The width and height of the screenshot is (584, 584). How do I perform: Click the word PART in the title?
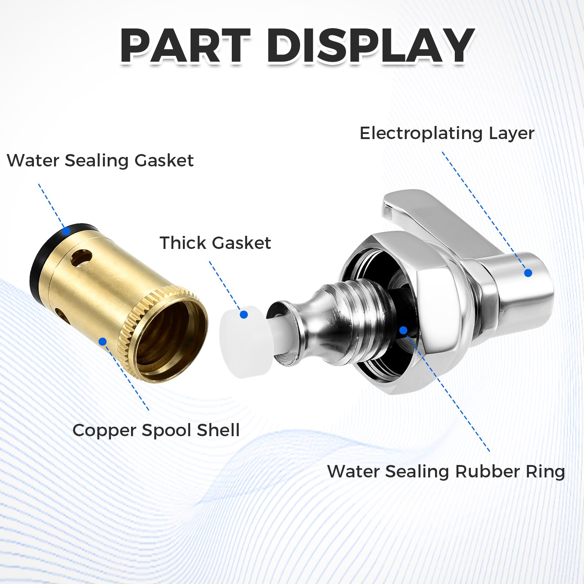(x=185, y=46)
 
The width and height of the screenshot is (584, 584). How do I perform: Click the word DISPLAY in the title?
(x=370, y=46)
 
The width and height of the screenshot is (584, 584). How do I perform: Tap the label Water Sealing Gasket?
(x=100, y=161)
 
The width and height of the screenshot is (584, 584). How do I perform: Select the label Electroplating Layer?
(x=447, y=134)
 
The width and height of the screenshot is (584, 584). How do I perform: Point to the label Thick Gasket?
(x=215, y=243)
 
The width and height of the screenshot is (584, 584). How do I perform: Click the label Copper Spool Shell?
(x=156, y=430)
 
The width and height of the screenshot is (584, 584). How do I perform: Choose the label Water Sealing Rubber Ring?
(x=446, y=472)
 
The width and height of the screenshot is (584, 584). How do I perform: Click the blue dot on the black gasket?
(x=66, y=231)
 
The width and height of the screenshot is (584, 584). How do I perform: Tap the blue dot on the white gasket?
(x=244, y=315)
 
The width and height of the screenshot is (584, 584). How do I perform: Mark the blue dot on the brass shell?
(x=103, y=342)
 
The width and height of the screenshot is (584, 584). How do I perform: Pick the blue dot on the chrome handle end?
(x=528, y=273)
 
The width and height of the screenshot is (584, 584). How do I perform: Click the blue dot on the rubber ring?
(x=403, y=330)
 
